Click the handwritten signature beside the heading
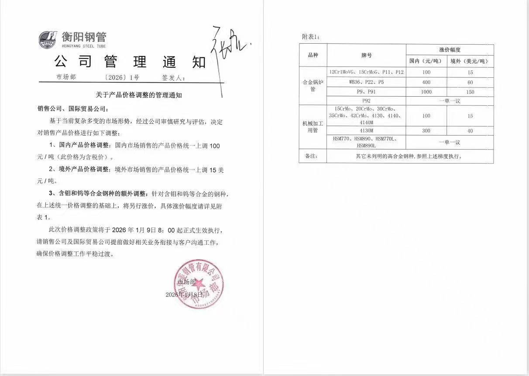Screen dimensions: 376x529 point(227,52)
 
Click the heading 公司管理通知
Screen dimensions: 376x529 point(130,62)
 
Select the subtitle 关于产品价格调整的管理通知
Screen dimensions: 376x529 point(138,94)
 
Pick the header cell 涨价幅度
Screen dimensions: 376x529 point(450,50)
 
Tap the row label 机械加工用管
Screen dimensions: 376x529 point(313,127)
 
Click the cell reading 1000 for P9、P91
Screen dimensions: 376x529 point(426,92)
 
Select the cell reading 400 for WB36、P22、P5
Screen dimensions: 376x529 point(426,82)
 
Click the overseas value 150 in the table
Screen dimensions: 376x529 point(470,92)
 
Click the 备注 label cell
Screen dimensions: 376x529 point(313,156)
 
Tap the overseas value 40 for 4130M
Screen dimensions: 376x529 point(470,131)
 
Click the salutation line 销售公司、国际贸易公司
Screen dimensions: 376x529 point(72,108)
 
